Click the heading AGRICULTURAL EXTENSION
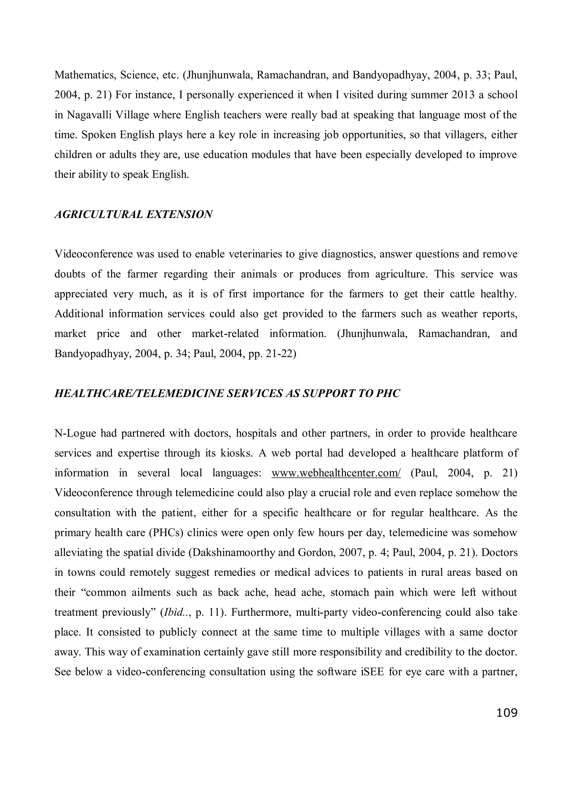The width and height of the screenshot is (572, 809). (x=134, y=214)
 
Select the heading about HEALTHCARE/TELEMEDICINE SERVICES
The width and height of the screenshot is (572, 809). (x=227, y=393)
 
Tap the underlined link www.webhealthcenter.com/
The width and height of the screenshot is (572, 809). (x=336, y=473)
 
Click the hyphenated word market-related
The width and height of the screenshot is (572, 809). (x=225, y=334)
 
